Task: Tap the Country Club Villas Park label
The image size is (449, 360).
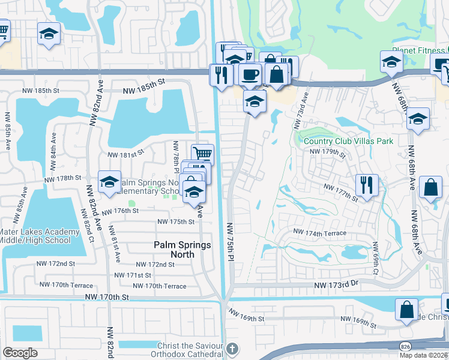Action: click(348, 142)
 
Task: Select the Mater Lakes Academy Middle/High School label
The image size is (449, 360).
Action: click(40, 236)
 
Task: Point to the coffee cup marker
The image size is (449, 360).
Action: click(249, 75)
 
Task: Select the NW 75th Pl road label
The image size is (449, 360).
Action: click(231, 241)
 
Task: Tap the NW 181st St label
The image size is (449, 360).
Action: click(126, 154)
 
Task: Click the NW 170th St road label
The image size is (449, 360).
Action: click(107, 296)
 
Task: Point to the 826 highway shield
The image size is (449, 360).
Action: click(406, 346)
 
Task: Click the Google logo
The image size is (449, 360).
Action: click(20, 353)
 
